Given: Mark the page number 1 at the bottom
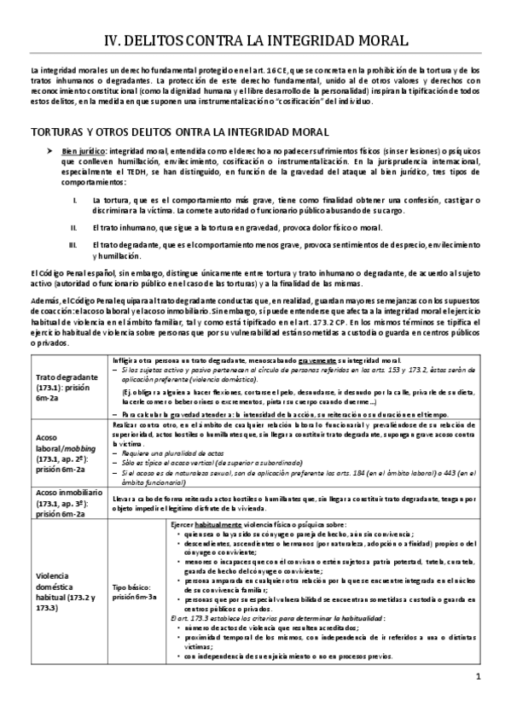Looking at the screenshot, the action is click(479, 702).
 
